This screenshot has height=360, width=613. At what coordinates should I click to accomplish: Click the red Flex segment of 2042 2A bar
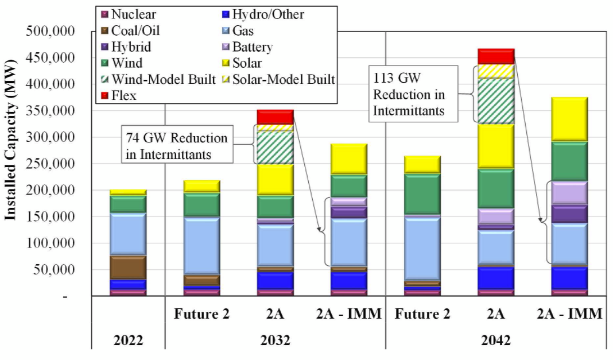point(496,56)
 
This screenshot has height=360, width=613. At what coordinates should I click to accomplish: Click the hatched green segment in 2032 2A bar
point(276,148)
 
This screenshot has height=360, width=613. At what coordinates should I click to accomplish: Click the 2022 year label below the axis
point(127,340)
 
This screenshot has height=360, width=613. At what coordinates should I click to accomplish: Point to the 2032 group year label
point(275,340)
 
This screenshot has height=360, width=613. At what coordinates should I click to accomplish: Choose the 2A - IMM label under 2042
point(569,315)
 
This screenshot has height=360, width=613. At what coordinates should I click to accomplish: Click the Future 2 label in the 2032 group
point(201,315)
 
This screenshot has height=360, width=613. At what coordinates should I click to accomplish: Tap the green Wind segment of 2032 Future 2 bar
point(201,205)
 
